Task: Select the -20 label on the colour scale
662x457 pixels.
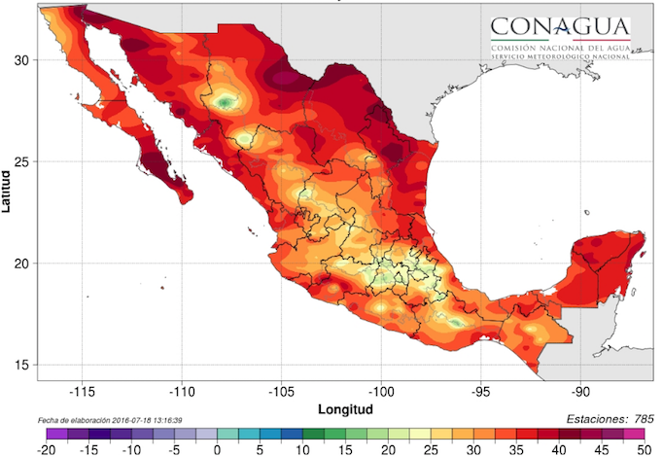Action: coord(46,449)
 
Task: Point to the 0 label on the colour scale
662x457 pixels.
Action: coord(217,449)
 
